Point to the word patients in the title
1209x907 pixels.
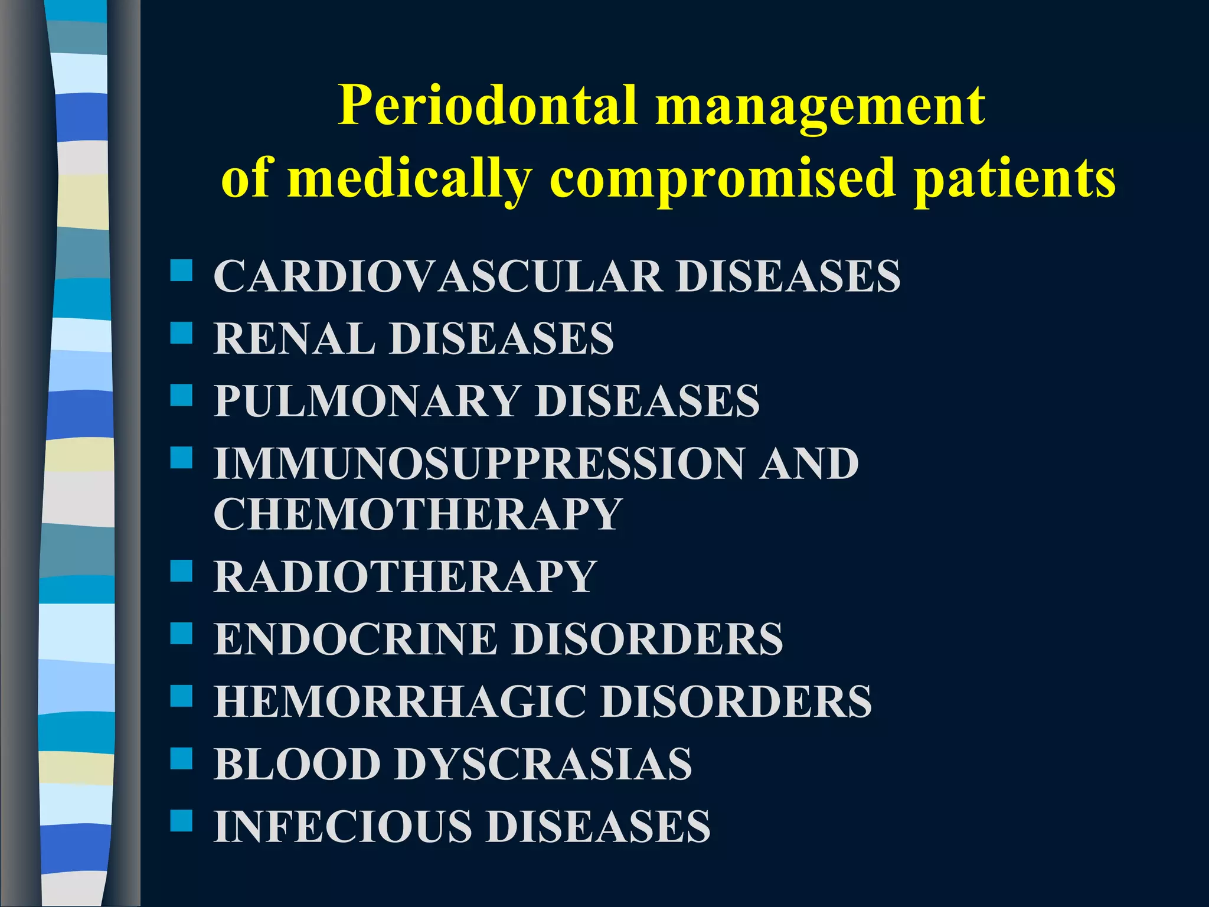(1014, 178)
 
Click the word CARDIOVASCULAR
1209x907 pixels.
(437, 276)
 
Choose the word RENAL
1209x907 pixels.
(294, 338)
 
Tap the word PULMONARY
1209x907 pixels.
(367, 401)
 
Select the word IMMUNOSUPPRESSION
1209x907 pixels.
(478, 464)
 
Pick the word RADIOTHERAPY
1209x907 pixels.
(405, 577)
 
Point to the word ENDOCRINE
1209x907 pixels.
(355, 640)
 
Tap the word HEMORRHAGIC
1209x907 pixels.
(400, 702)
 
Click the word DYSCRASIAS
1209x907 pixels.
(543, 764)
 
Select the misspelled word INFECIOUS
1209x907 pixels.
(343, 827)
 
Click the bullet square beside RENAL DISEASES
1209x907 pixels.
(181, 333)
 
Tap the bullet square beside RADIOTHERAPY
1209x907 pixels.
(181, 572)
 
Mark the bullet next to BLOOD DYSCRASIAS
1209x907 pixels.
(181, 759)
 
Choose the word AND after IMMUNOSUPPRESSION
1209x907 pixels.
(809, 464)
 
